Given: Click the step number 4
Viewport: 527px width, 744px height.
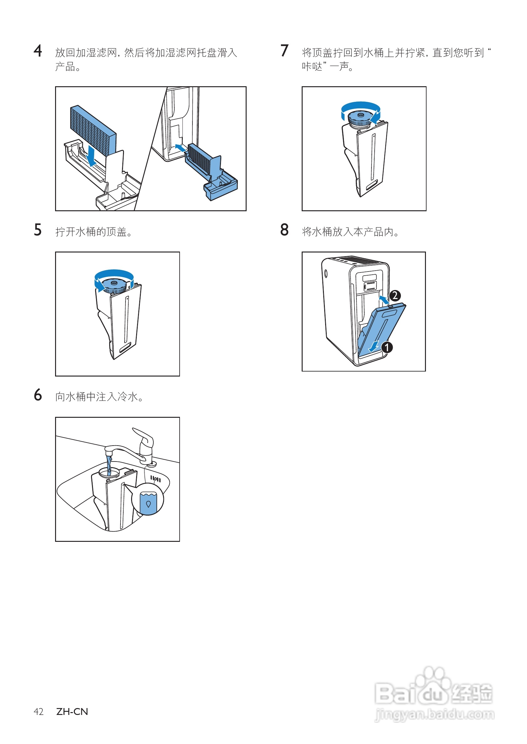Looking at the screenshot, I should pyautogui.click(x=38, y=51).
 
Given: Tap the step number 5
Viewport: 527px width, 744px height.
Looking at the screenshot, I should pyautogui.click(x=38, y=230).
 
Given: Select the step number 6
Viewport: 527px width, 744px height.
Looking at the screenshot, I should pyautogui.click(x=38, y=395).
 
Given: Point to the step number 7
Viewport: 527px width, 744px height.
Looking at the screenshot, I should pyautogui.click(x=284, y=51).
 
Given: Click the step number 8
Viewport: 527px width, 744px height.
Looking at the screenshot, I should pyautogui.click(x=284, y=230).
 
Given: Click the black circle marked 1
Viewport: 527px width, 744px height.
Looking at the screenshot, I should pyautogui.click(x=386, y=347).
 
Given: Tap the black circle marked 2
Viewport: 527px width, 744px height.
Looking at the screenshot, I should pyautogui.click(x=395, y=296).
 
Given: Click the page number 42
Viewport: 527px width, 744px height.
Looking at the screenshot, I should pyautogui.click(x=38, y=712).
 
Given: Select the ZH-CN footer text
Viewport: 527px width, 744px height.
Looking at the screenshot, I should pyautogui.click(x=72, y=712).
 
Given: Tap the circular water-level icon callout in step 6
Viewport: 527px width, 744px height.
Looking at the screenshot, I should pyautogui.click(x=148, y=499).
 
